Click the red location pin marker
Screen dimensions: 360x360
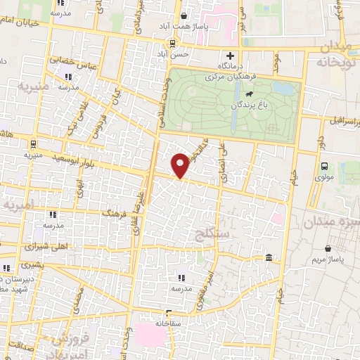(181, 166)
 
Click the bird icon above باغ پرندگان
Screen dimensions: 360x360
(250, 93)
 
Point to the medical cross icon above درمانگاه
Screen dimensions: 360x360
(230, 56)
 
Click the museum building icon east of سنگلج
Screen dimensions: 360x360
(271, 261)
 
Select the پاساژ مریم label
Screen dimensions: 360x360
(328, 261)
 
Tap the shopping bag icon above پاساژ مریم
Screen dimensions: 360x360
(328, 248)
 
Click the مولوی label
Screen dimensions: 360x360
(324, 177)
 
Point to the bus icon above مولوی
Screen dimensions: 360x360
(324, 166)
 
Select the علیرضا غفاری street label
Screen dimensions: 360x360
(140, 211)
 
